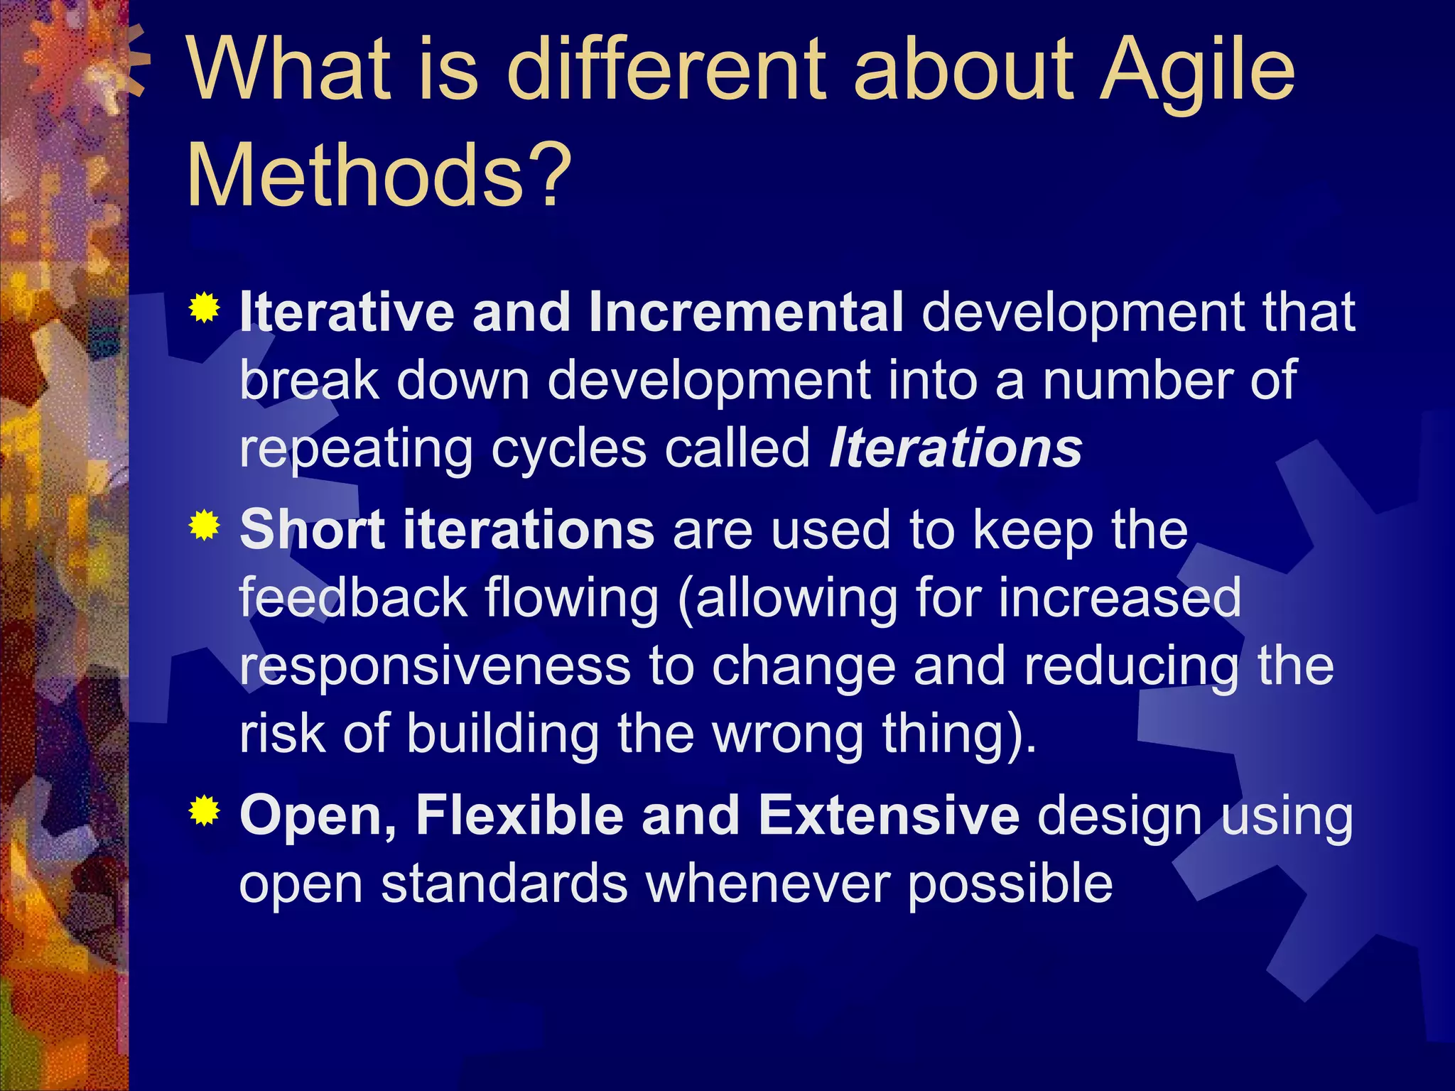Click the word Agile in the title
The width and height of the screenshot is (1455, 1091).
point(1196,71)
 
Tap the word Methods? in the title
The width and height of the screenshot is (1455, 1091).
point(379,175)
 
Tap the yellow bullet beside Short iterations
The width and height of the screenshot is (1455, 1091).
point(204,526)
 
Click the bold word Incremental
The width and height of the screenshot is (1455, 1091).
point(746,313)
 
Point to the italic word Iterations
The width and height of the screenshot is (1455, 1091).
point(956,449)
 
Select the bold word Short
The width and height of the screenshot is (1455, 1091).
point(313,530)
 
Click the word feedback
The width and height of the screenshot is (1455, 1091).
point(352,598)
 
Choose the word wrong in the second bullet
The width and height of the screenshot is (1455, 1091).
point(788,734)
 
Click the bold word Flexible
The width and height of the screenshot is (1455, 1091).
point(519,815)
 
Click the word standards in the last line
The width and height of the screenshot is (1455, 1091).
point(504,884)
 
